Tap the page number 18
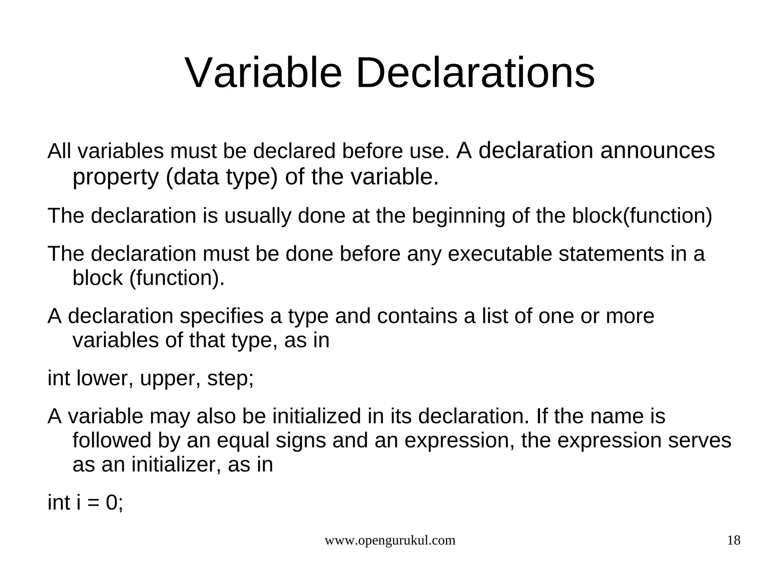tap(734, 540)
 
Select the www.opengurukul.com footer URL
tap(390, 540)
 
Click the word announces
tap(657, 151)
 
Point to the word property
tap(115, 177)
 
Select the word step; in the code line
tap(230, 379)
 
